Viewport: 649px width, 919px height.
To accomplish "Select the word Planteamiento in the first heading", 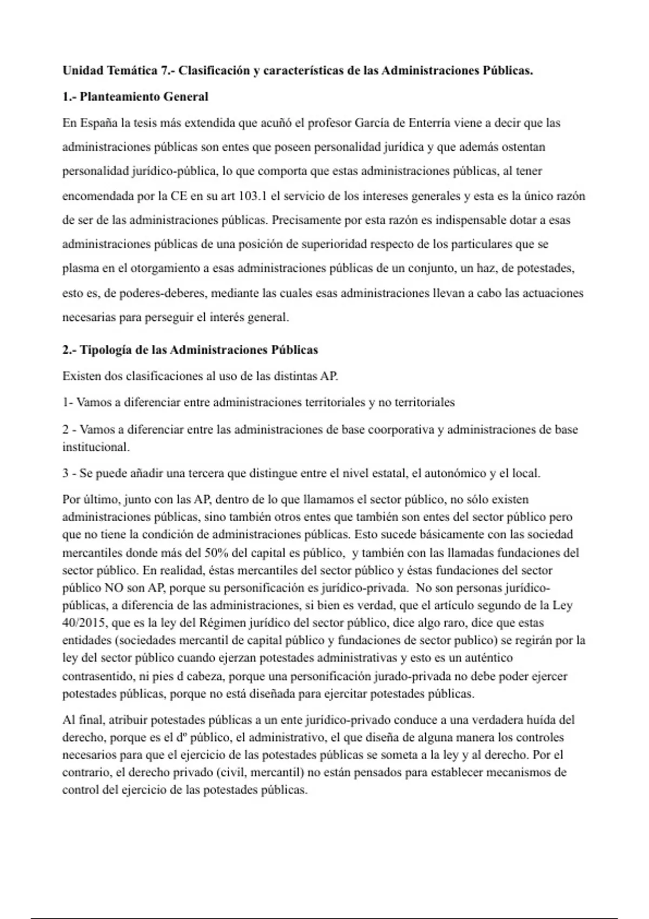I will (120, 97).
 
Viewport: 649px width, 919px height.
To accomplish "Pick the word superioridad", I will (334, 244).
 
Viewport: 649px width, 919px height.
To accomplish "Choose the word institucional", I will (96, 447).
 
